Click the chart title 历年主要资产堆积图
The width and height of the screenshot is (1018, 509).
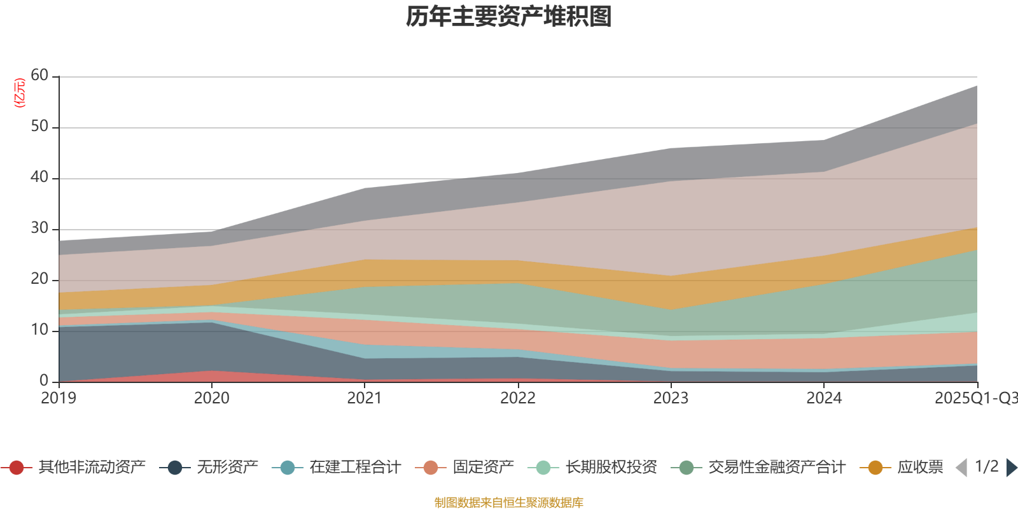(x=509, y=17)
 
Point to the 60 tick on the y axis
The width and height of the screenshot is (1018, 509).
(x=39, y=75)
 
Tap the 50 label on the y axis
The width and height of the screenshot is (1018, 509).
(x=39, y=126)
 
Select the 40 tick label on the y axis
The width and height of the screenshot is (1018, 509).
(x=39, y=177)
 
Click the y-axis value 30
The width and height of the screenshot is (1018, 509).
(x=39, y=228)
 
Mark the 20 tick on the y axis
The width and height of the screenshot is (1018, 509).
(x=39, y=279)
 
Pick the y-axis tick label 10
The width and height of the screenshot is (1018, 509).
(x=39, y=330)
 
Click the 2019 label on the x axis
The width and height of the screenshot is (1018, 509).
(x=59, y=398)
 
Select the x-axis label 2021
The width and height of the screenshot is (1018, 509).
(x=365, y=398)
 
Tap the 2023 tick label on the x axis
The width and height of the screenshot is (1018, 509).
(x=671, y=398)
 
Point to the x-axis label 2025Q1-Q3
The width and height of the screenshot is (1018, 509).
(x=975, y=398)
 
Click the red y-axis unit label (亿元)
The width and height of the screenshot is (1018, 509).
(x=20, y=93)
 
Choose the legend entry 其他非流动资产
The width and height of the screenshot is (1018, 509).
(x=92, y=468)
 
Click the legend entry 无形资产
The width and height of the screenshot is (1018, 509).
(x=227, y=468)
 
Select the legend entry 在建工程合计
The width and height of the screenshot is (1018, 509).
(x=355, y=468)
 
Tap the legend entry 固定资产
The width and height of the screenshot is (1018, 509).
(x=483, y=468)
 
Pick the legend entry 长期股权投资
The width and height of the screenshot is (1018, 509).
(x=611, y=468)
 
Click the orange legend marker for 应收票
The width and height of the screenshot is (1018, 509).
(x=875, y=468)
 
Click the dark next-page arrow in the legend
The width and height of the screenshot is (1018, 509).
(x=1011, y=468)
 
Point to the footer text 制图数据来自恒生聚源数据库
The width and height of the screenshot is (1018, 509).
(x=509, y=503)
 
